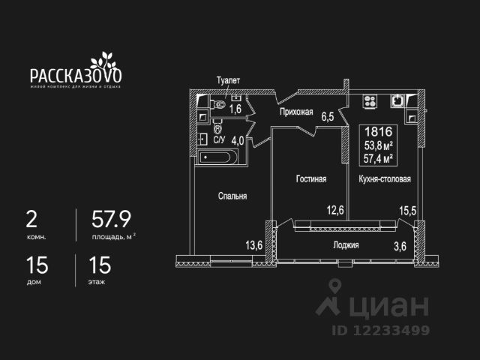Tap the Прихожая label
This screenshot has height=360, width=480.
[296, 112]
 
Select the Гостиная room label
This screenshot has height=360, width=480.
[310, 179]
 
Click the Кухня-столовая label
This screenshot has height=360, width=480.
[385, 179]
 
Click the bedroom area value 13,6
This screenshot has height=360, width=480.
[254, 245]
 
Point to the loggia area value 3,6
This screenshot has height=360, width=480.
[400, 245]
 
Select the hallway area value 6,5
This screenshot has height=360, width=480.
[327, 117]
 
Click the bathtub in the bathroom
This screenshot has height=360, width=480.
[218, 157]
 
